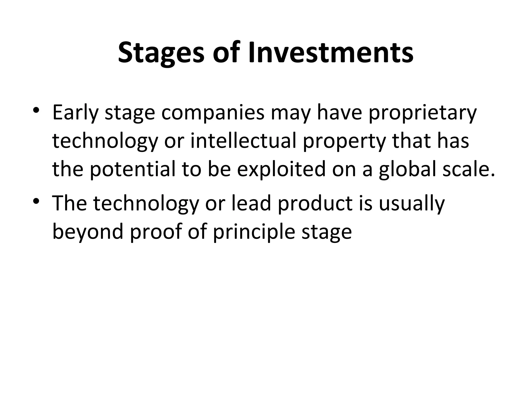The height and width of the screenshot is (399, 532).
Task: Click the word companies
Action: (213, 113)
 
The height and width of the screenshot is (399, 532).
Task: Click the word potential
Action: (133, 169)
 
